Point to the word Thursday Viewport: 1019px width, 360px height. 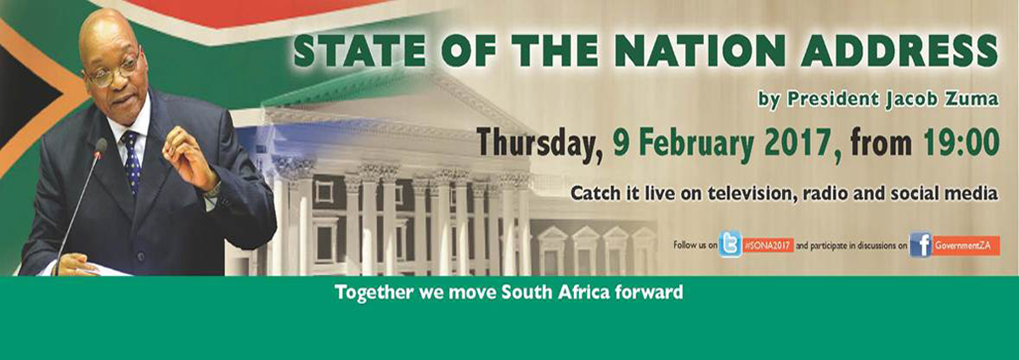click(x=539, y=143)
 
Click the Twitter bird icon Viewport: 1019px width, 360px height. click(x=729, y=245)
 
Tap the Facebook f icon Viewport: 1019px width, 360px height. click(x=920, y=245)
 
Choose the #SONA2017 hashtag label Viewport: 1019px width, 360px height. click(x=768, y=245)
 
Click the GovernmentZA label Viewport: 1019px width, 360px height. click(x=966, y=245)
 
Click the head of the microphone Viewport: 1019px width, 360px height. click(x=100, y=147)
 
